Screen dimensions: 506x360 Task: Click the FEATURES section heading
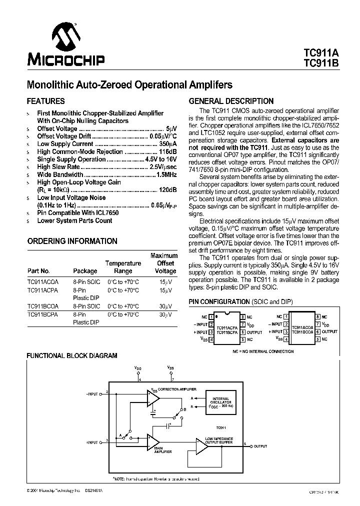(x=45, y=100)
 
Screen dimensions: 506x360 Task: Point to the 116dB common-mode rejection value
(x=166, y=151)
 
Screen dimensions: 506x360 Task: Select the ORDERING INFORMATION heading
(x=72, y=241)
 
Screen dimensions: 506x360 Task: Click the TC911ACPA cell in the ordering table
(x=43, y=290)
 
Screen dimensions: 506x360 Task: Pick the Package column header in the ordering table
(x=85, y=271)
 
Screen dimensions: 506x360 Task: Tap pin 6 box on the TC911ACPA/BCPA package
(x=242, y=332)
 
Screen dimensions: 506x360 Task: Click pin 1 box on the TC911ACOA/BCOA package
(x=285, y=316)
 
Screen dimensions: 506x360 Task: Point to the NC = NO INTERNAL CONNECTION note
(x=263, y=351)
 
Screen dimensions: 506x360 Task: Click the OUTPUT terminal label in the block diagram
(x=260, y=446)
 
